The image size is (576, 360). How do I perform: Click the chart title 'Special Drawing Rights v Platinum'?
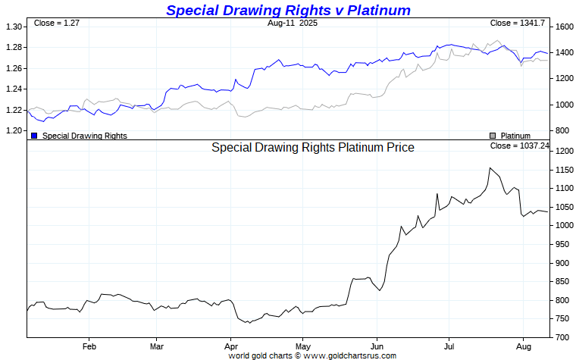point(288,10)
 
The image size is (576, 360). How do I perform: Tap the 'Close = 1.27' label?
point(57,23)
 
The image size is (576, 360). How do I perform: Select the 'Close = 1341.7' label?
point(518,23)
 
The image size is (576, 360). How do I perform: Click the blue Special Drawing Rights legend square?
point(34,136)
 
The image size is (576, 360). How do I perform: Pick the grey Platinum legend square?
point(492,136)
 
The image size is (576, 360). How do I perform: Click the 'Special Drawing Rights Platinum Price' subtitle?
point(313,148)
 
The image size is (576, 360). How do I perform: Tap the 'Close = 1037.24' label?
point(519,146)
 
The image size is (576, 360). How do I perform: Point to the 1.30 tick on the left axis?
point(14,27)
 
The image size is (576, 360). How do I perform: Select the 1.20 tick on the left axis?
point(14,130)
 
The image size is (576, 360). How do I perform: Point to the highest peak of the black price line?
point(490,167)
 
